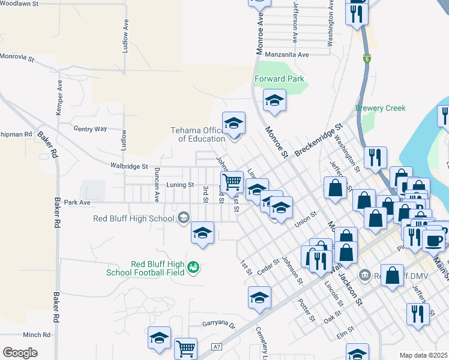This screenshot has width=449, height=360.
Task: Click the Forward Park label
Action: tap(279, 79)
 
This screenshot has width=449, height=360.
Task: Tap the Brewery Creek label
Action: tap(381, 108)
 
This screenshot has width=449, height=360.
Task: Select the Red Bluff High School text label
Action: tap(133, 218)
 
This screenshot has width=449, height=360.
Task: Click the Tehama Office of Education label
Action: tap(197, 134)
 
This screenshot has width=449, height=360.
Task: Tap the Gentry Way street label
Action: tap(90, 128)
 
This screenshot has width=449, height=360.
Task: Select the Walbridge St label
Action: tap(128, 166)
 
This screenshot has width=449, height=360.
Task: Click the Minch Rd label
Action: tap(37, 335)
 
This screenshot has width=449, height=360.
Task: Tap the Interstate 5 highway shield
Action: tap(366, 59)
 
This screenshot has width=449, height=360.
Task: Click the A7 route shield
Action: tap(217, 347)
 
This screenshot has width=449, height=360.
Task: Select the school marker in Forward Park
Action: tap(274, 100)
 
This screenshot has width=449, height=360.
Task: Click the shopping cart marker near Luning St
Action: tap(232, 181)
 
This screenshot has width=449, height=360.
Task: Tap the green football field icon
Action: tap(193, 267)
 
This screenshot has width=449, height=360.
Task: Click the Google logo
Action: tap(20, 353)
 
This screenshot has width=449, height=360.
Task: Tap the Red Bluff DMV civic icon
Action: tap(364, 275)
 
